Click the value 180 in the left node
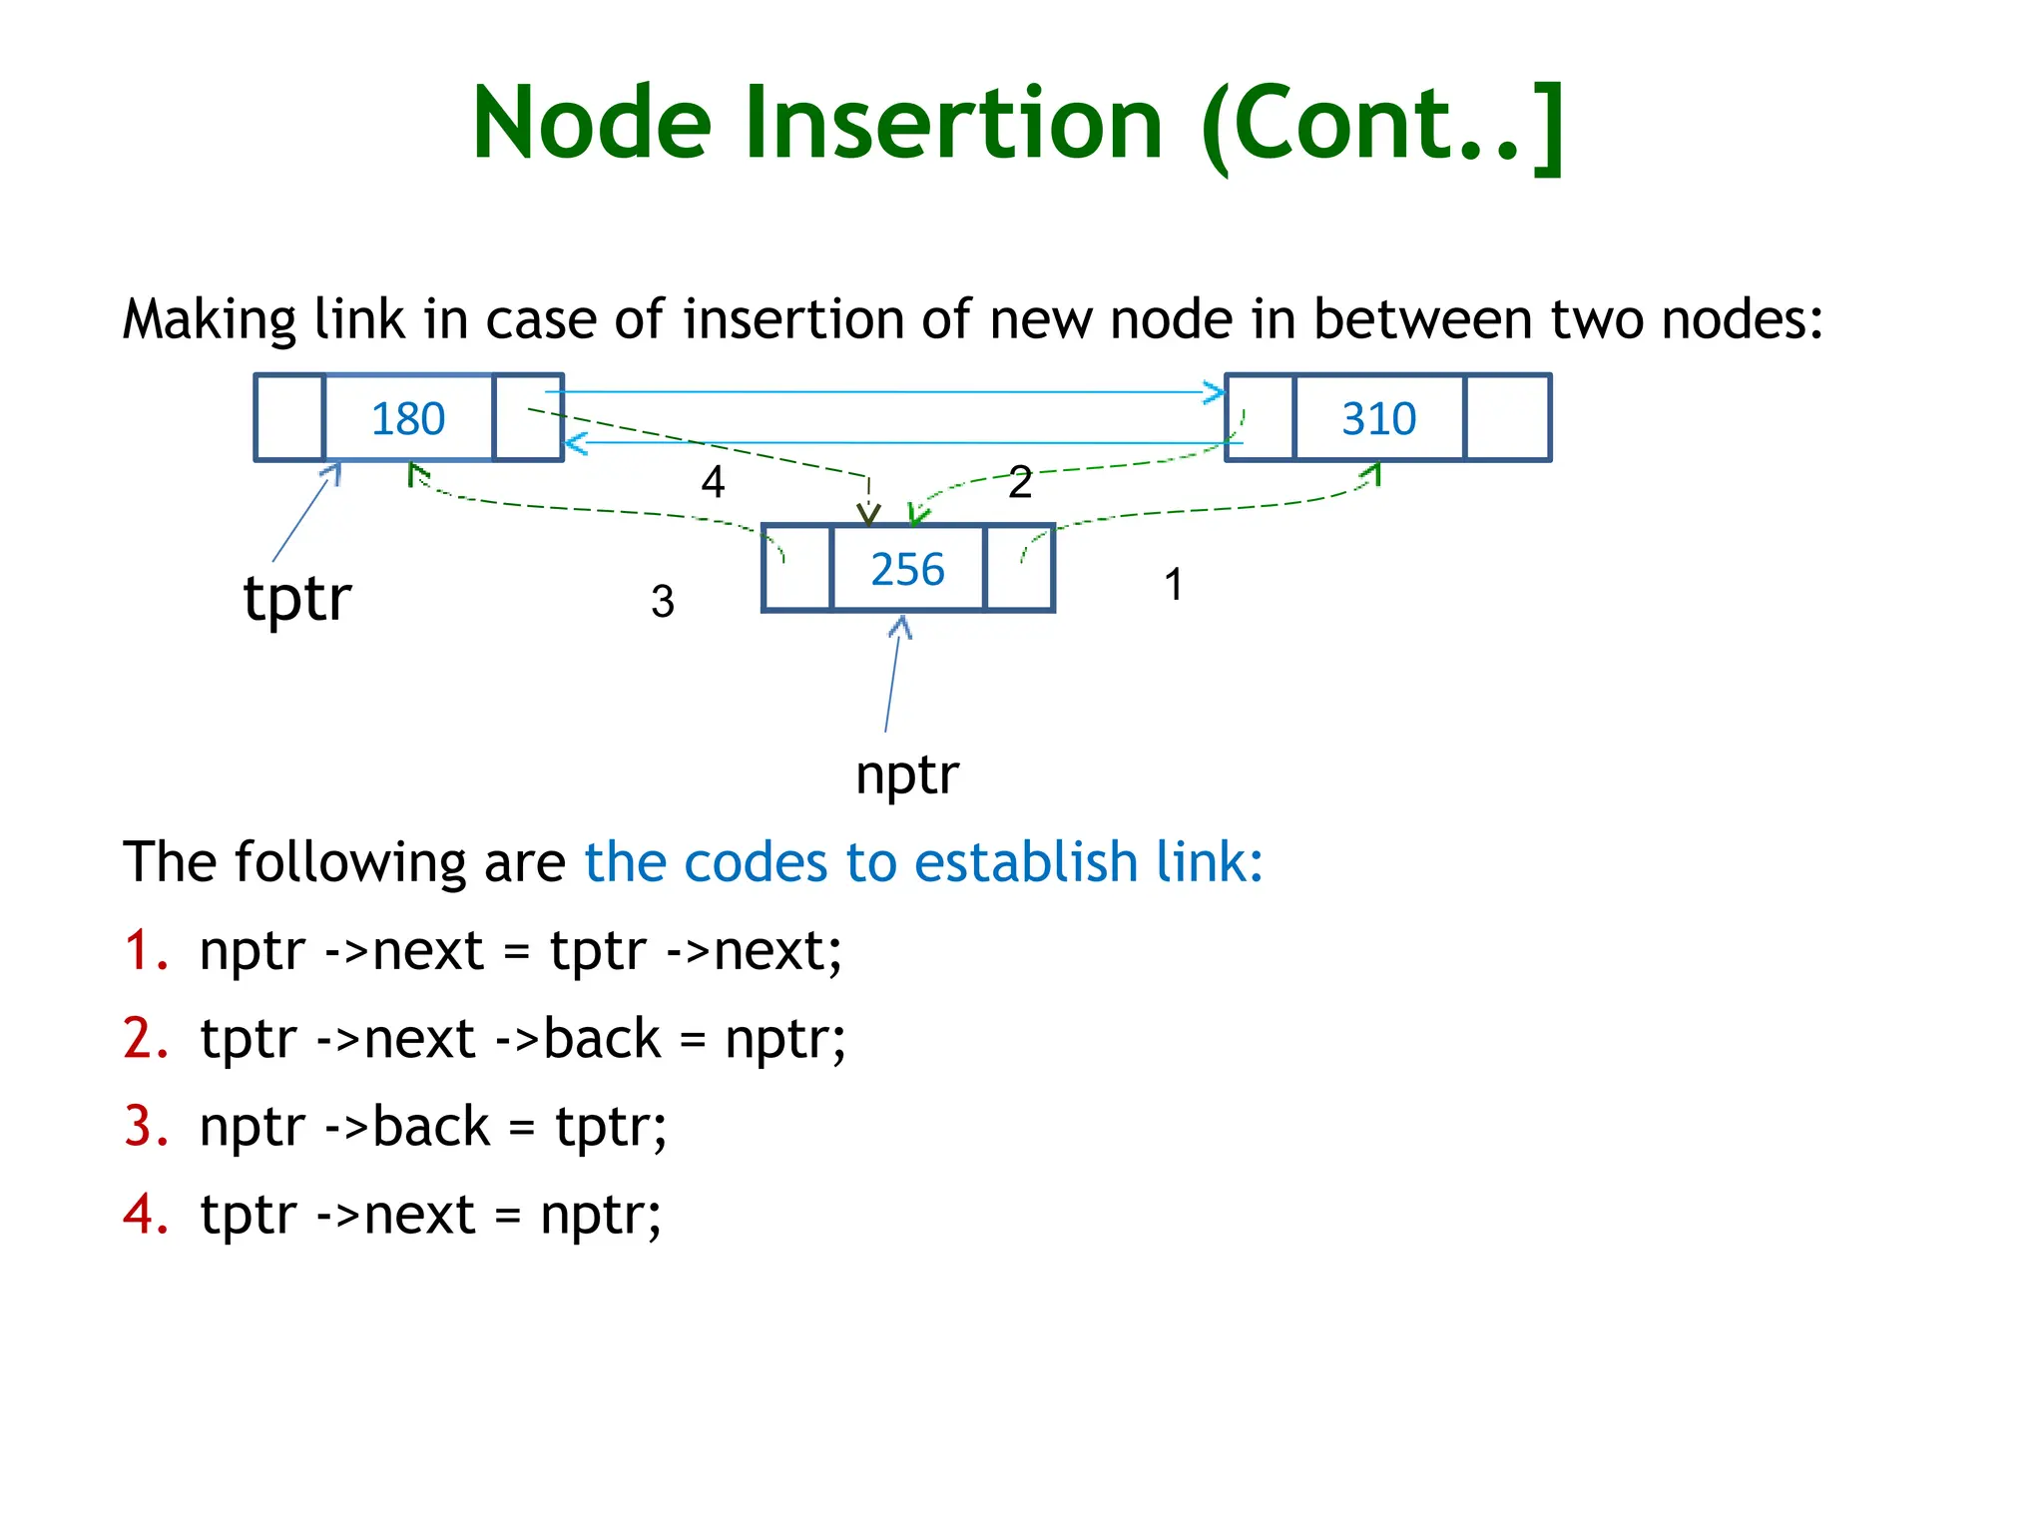tap(407, 418)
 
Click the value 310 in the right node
tap(1378, 418)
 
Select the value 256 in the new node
tap(907, 569)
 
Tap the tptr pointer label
tap(297, 599)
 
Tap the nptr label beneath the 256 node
tap(906, 774)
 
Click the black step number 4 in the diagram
tap(713, 482)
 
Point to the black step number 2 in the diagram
tap(1019, 482)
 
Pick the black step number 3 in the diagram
tap(663, 602)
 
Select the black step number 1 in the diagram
tap(1174, 585)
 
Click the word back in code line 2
tap(602, 1039)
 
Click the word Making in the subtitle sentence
tap(209, 319)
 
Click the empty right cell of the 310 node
tap(1507, 418)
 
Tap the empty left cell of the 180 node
tap(289, 418)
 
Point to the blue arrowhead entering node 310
tap(1216, 392)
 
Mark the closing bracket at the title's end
tap(1545, 128)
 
